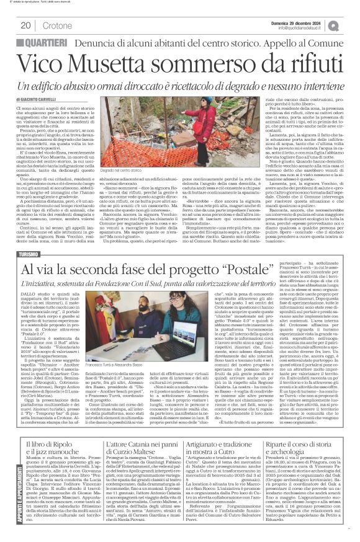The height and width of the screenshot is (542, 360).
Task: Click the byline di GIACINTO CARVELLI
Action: click(x=41, y=97)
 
